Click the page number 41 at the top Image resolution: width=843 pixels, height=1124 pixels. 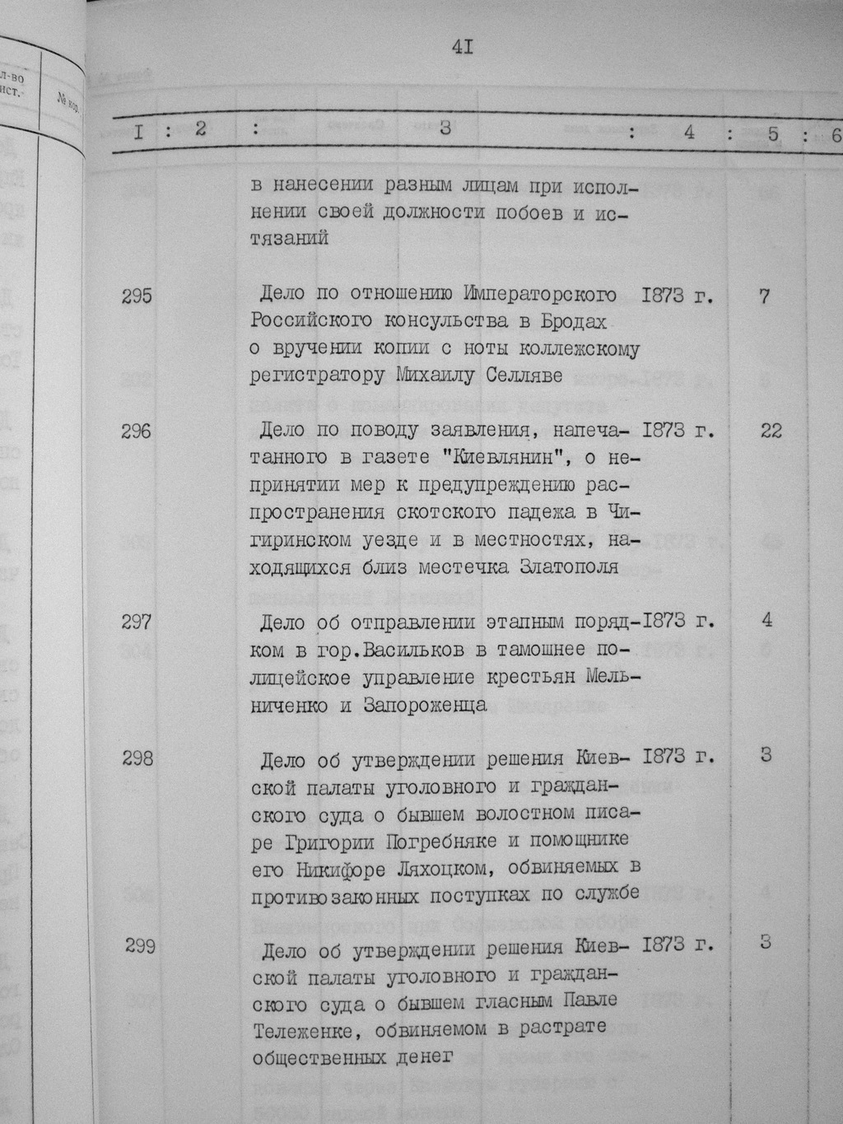462,47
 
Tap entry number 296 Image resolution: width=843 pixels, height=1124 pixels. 137,431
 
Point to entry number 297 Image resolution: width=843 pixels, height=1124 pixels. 137,622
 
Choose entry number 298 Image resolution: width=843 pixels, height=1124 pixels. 137,758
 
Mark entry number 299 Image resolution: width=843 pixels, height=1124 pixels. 141,946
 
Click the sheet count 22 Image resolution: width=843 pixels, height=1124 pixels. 771,431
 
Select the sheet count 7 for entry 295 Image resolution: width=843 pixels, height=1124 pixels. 765,296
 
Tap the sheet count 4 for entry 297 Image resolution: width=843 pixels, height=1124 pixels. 766,620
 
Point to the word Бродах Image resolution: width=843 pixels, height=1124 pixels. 576,321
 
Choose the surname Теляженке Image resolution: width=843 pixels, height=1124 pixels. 305,1028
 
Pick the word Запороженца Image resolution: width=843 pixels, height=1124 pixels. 420,705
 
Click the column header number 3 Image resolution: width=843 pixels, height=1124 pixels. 445,129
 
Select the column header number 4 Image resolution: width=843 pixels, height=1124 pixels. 689,132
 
